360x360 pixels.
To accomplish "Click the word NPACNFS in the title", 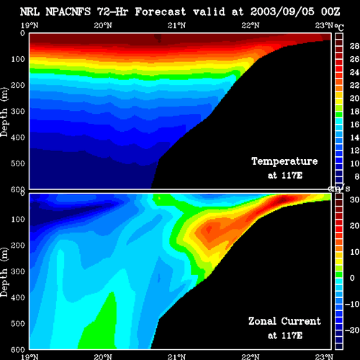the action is tap(68, 12).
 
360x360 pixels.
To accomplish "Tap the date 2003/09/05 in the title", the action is tap(282, 12).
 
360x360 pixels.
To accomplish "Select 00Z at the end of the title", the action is tap(330, 12).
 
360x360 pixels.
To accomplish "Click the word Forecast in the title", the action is tap(161, 12).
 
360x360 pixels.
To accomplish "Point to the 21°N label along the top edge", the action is tap(176, 25).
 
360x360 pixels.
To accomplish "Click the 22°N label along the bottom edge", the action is tap(251, 357).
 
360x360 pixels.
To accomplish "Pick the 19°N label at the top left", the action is tap(30, 25).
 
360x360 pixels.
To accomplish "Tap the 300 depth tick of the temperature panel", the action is tap(18, 112).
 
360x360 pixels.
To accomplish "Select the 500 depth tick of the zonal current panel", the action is tap(18, 323).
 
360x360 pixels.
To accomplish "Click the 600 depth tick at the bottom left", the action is tap(18, 350).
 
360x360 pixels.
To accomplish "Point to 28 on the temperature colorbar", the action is tap(354, 46).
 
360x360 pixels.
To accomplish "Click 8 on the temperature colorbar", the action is tap(357, 176).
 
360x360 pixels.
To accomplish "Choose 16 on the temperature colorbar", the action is tap(354, 125).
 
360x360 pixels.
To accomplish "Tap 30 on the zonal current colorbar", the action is tap(354, 199).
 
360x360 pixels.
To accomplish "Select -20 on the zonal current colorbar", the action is tap(352, 330).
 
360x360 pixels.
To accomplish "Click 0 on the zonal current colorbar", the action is tap(352, 278).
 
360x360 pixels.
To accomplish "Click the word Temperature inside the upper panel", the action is tap(284, 161).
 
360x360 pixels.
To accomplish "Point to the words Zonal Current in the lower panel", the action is tap(284, 321).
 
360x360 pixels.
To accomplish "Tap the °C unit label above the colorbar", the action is tap(339, 27).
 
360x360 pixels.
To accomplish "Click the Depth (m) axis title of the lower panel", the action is tap(4, 272).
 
